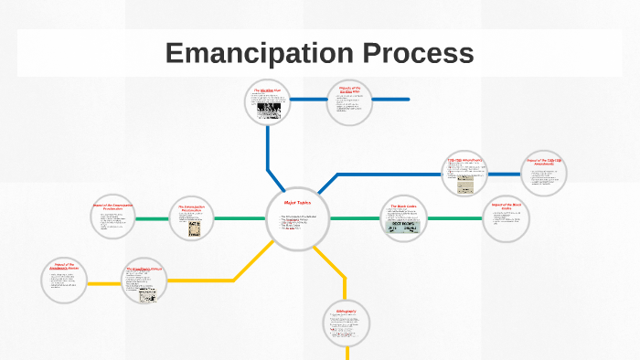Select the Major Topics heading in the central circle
299,202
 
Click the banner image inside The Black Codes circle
403,227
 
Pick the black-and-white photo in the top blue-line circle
269,111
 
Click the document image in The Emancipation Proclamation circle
194,229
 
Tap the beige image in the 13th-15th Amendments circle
465,185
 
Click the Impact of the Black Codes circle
506,218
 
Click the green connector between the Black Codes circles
454,219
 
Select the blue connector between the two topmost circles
310,99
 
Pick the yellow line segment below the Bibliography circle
347,352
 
